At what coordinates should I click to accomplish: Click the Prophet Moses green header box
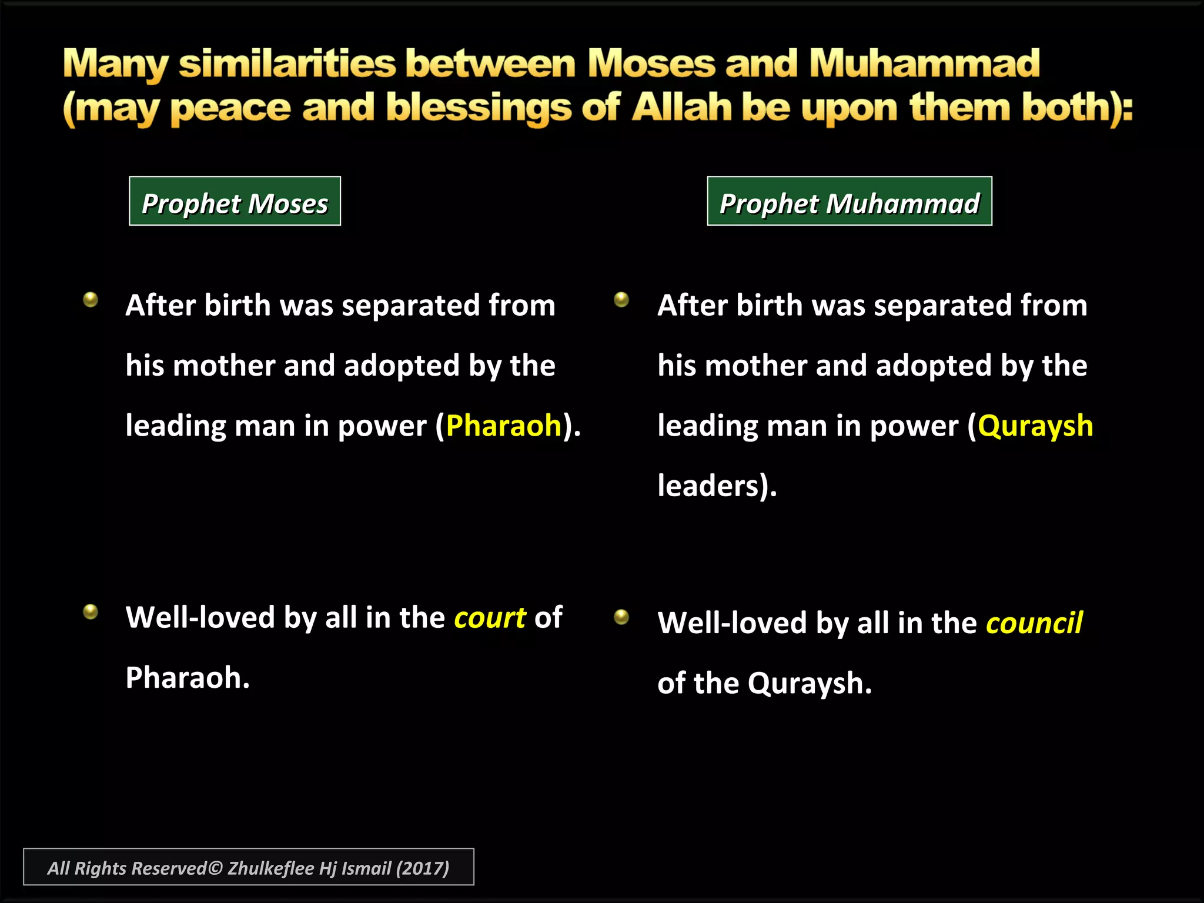[x=235, y=201]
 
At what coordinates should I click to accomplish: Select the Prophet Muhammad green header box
[x=849, y=201]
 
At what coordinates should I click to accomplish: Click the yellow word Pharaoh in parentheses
[x=504, y=425]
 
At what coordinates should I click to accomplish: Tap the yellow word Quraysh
[x=1035, y=425]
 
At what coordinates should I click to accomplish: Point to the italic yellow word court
[x=490, y=617]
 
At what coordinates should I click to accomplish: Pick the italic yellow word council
[x=1034, y=623]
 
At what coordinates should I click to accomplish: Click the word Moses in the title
[x=651, y=63]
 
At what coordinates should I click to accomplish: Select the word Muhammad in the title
[x=924, y=63]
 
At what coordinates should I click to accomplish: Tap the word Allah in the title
[x=682, y=108]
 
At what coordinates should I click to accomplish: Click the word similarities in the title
[x=287, y=63]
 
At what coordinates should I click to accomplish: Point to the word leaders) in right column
[x=717, y=486]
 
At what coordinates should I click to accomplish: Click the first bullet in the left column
[x=91, y=300]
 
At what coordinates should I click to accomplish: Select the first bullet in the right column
[x=621, y=300]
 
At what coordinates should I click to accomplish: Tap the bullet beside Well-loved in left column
[x=91, y=612]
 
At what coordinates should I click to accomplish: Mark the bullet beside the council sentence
[x=621, y=617]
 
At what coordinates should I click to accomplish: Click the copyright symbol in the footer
[x=216, y=868]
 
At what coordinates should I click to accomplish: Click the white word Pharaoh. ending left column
[x=187, y=677]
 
